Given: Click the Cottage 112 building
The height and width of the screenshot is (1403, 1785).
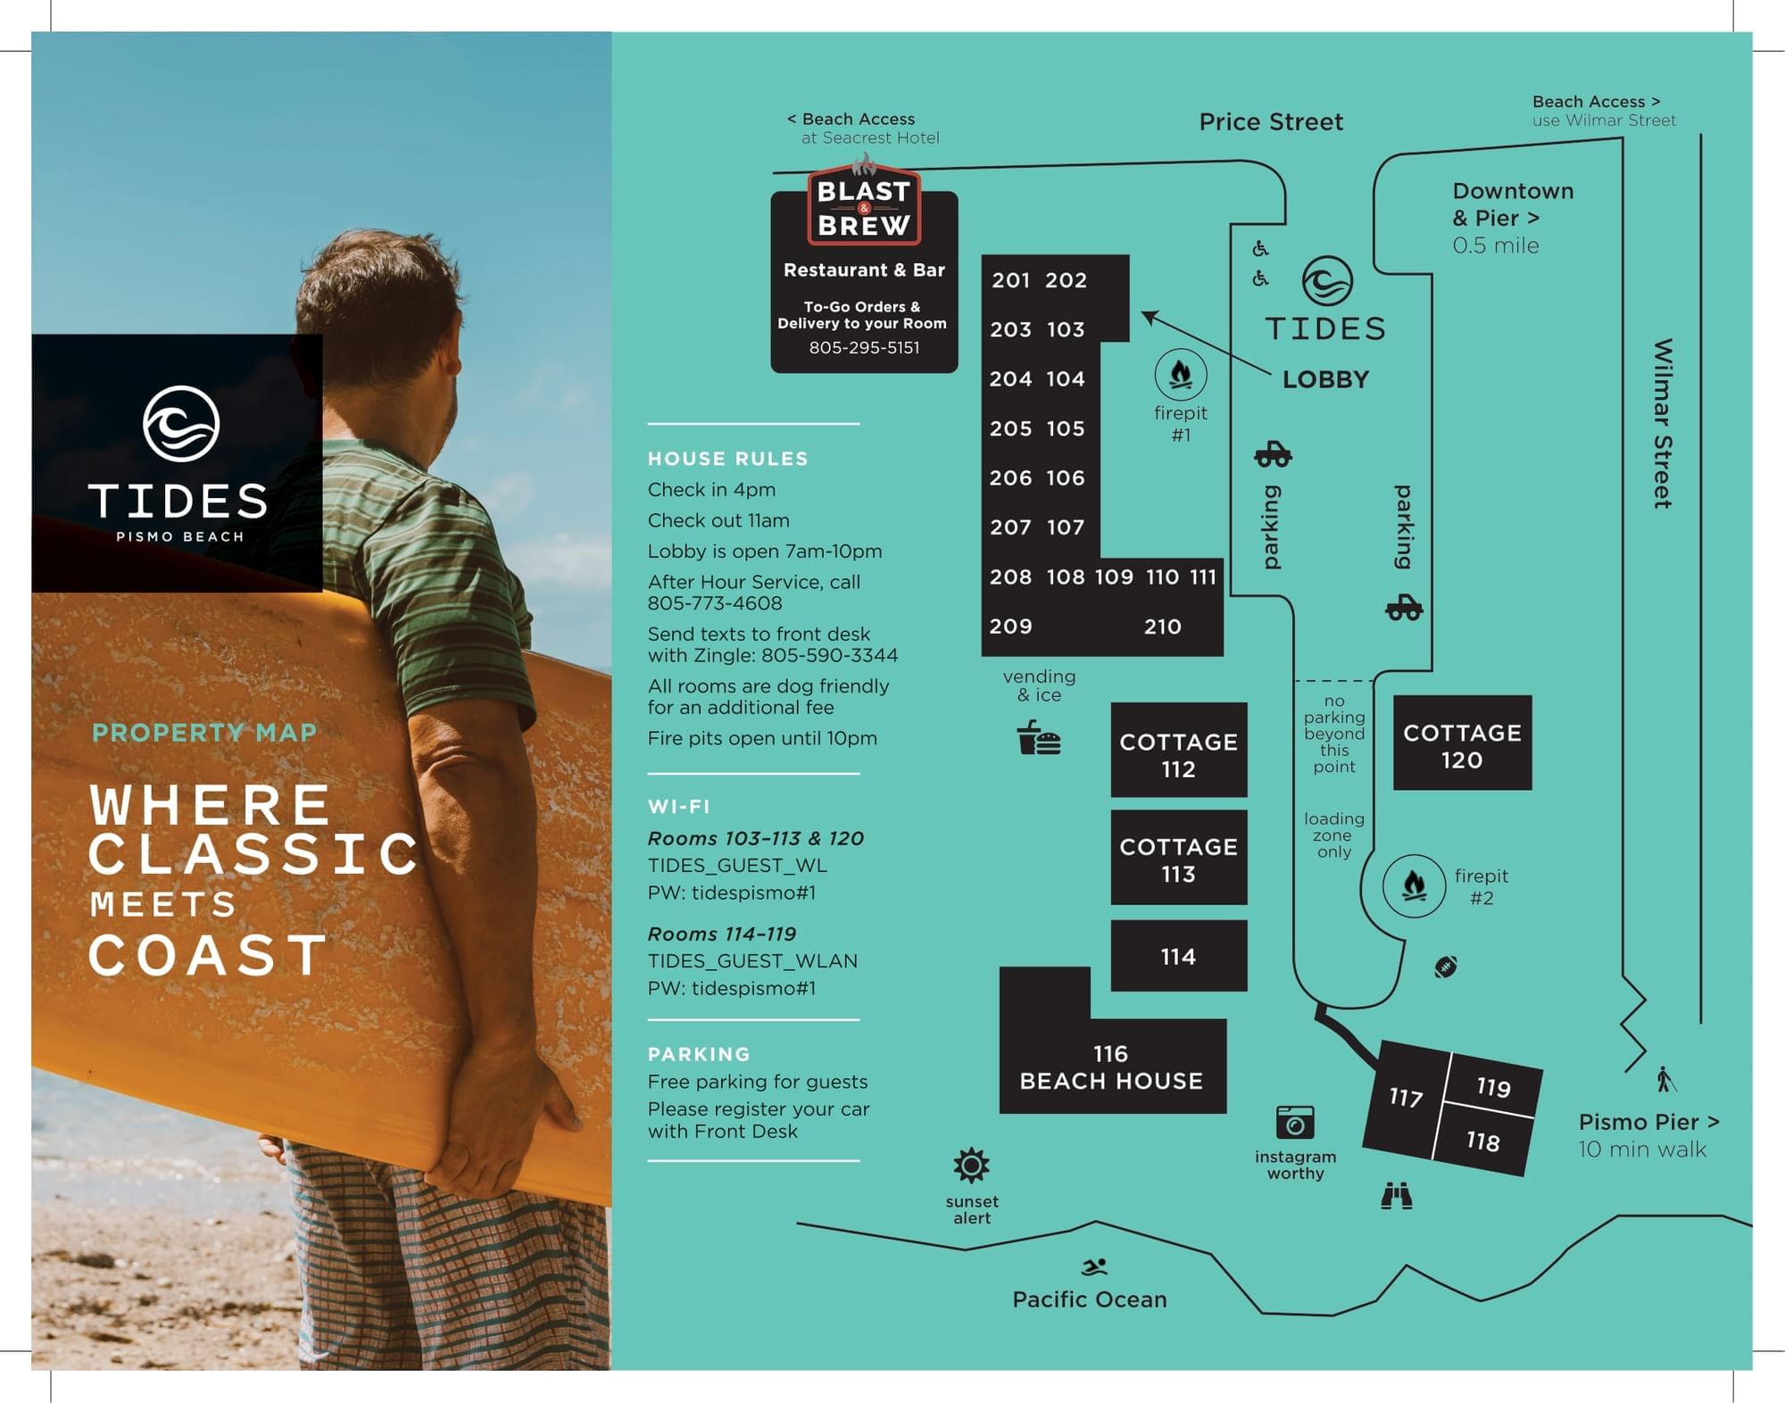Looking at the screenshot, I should pos(1178,750).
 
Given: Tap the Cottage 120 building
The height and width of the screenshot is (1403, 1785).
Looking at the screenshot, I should pos(1462,743).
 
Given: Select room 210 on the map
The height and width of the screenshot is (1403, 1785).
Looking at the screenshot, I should pos(1162,627).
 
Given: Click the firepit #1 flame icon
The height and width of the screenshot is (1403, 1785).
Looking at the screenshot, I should pos(1181,375).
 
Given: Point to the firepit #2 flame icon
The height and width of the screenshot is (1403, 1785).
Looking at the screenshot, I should pos(1414,886).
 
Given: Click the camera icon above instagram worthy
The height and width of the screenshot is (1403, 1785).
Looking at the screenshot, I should pos(1295,1123).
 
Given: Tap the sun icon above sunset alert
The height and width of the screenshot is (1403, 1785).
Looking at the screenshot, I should pos(971,1166).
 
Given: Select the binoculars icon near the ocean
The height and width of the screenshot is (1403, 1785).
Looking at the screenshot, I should pos(1397,1196).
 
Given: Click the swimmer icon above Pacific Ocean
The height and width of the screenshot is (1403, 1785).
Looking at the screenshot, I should pos(1094,1267).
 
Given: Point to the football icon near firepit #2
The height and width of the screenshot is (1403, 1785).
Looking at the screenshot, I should pos(1446,967).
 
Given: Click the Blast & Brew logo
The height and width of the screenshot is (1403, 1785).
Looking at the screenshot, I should pos(864,206).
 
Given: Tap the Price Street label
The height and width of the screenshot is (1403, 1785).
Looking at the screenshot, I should pos(1270,122).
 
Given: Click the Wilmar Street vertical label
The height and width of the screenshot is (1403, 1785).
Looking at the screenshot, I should pos(1662,423).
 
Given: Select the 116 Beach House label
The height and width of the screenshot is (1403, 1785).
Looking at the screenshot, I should pos(1111,1067).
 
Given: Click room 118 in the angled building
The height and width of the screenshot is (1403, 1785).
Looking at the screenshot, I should pos(1482,1141).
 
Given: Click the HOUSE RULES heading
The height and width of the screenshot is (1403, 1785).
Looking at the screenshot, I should pos(727,459).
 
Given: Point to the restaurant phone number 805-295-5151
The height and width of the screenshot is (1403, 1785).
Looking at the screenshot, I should pos(864,348).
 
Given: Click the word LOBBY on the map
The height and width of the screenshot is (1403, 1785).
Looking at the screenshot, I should pos(1325,379).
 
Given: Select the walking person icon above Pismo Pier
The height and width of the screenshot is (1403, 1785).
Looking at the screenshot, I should pos(1665,1079).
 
